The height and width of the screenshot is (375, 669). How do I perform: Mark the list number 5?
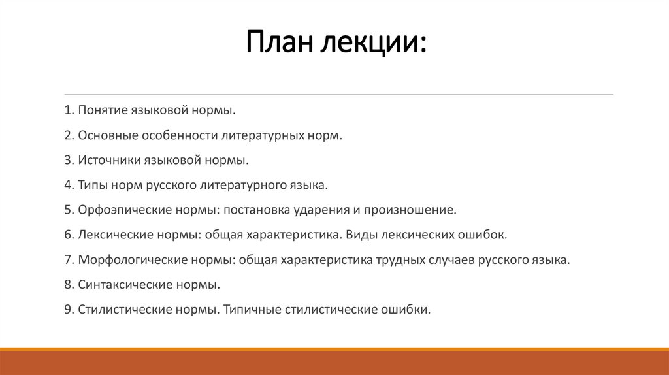pyautogui.click(x=68, y=210)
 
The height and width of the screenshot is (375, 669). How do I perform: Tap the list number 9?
pyautogui.click(x=68, y=309)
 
